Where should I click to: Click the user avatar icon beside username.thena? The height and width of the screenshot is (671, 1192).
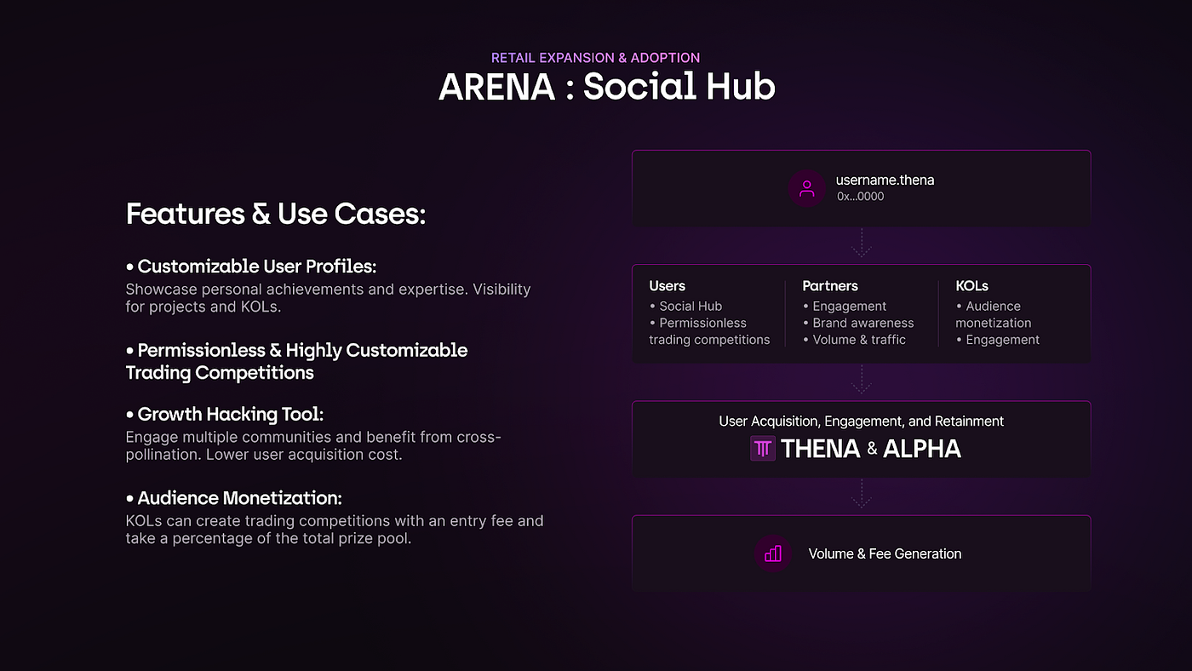click(806, 189)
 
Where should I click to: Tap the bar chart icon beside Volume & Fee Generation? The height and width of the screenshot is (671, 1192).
click(773, 553)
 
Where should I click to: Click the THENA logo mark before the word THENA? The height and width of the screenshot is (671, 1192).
click(763, 449)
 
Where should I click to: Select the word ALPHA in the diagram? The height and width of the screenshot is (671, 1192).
click(922, 449)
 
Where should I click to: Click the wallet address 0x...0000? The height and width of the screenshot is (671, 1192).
click(860, 197)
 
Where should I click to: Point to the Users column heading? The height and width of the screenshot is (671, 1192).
click(667, 286)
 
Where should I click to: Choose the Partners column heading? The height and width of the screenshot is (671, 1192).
click(830, 286)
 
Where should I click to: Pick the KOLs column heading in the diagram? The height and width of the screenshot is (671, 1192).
click(971, 286)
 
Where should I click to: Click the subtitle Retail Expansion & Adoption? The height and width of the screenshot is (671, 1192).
click(596, 58)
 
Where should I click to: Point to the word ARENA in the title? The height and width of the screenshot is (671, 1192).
click(496, 87)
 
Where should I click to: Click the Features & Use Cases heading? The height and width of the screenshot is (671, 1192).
click(275, 214)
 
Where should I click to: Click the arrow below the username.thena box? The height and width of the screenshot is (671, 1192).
click(861, 243)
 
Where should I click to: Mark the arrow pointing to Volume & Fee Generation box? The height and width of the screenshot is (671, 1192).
click(861, 494)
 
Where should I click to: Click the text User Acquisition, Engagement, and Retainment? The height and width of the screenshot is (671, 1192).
click(861, 422)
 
